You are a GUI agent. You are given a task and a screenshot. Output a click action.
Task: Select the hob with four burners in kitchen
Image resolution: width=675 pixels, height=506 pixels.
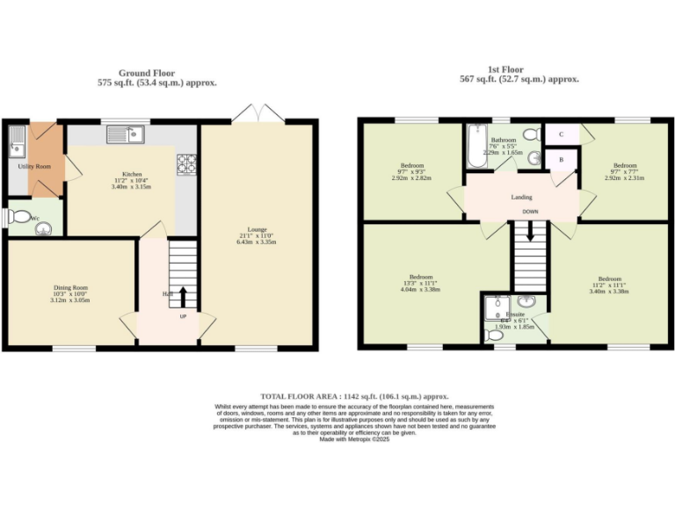click(187, 163)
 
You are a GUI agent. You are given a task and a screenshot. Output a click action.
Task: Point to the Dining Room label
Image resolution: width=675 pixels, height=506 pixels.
click(71, 287)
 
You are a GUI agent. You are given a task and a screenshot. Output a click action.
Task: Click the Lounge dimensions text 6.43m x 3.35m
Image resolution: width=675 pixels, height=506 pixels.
click(257, 242)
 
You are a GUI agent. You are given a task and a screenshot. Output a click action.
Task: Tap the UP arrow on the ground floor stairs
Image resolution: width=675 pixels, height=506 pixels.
click(184, 295)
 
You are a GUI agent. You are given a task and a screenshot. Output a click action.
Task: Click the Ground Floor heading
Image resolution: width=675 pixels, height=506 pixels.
click(147, 73)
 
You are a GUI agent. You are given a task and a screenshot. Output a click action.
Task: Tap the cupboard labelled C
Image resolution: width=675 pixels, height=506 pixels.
click(561, 134)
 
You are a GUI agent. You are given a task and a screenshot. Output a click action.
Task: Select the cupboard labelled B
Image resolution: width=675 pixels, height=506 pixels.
click(561, 160)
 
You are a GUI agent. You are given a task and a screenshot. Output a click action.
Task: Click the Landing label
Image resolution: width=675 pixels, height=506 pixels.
click(521, 197)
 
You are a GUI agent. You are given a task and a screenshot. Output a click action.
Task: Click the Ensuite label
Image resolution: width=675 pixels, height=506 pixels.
click(515, 314)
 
